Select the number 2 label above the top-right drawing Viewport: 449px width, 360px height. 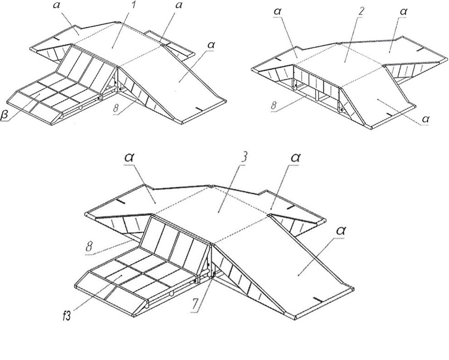tap(361, 11)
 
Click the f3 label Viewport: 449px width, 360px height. tap(67, 317)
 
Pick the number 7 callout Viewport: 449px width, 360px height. tap(195, 305)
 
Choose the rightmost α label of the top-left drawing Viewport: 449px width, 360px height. tap(212, 45)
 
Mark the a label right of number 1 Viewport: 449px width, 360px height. tap(179, 5)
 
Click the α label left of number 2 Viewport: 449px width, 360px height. tap(278, 12)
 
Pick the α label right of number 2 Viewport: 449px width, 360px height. tap(404, 12)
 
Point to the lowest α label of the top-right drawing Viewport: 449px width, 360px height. tap(426, 119)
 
